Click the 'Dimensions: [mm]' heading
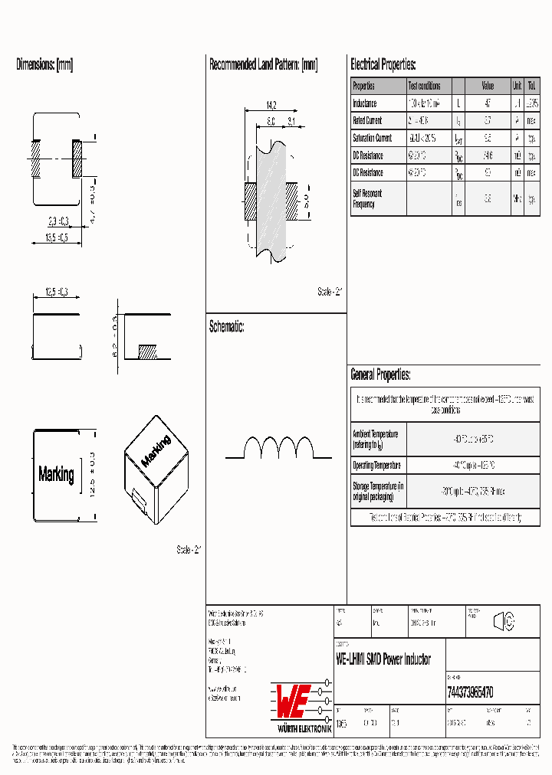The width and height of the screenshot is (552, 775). coord(44,65)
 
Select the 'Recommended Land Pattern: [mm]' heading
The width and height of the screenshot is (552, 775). coord(263,65)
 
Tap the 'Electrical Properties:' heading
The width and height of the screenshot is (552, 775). coord(383,65)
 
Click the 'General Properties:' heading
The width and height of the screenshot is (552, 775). coord(380,375)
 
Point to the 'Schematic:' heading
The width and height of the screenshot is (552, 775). coord(226,327)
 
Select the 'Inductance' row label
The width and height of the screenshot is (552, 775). coord(365,103)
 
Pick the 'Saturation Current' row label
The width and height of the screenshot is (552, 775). coord(372,139)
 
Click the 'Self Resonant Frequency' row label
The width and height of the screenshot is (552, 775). coord(367,199)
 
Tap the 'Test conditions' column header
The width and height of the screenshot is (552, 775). coord(424,87)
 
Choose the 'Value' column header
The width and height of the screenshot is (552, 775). coord(488,87)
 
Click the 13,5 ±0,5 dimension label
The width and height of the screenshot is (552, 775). coord(52,237)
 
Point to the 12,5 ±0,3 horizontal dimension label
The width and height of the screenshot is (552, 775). coord(56,292)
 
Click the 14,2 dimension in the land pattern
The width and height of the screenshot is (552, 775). coord(271,105)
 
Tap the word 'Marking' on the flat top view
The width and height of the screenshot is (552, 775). coord(56,474)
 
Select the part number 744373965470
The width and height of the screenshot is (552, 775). coord(469,692)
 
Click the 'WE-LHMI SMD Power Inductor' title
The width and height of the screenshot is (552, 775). coord(383,659)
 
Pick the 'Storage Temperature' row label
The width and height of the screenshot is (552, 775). coord(378,491)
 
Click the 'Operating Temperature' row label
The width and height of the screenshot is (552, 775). coord(376,466)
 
